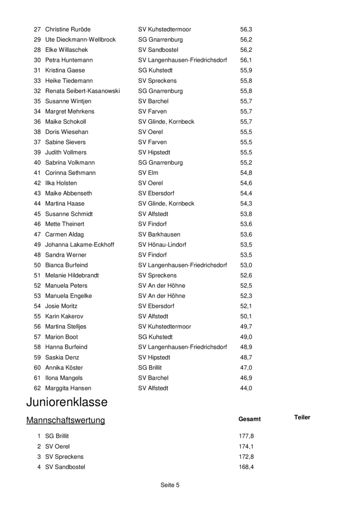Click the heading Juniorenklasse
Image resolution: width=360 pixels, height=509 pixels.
[67, 402]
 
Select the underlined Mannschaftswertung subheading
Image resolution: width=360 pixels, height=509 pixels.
[65, 420]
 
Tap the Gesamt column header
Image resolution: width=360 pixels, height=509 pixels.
[249, 419]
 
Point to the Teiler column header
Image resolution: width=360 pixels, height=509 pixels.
[302, 417]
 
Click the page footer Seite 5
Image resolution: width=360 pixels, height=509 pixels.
[170, 485]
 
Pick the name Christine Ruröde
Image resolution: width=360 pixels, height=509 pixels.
[68, 29]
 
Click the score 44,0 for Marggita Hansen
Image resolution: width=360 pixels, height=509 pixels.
[246, 388]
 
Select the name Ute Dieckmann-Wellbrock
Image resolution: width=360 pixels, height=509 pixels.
[80, 40]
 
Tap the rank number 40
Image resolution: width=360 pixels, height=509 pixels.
[37, 163]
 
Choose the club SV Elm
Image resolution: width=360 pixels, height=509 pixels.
[148, 173]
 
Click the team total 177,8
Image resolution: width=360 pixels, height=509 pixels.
[246, 436]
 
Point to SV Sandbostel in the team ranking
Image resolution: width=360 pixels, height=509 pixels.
[65, 467]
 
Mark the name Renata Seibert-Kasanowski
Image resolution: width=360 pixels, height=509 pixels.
[82, 91]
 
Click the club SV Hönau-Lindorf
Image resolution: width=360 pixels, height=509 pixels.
[162, 245]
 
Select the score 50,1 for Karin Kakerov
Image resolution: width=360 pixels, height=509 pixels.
[246, 316]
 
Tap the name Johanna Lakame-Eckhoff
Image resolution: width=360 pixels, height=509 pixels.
[80, 245]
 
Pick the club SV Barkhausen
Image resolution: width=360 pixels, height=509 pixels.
[159, 234]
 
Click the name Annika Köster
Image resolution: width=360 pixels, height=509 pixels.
[64, 368]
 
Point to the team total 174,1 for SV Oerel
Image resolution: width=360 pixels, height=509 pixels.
[246, 446]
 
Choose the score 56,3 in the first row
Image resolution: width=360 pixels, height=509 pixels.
[246, 29]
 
